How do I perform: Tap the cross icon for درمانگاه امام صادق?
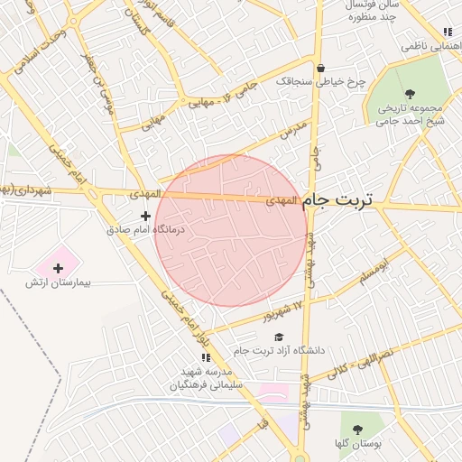(146, 216)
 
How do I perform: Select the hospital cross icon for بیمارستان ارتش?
(59, 268)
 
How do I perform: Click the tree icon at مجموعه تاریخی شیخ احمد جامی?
(409, 94)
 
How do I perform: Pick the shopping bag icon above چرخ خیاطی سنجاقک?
(320, 68)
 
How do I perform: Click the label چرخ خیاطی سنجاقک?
(321, 81)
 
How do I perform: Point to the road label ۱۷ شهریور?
(283, 310)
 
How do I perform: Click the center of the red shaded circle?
(231, 231)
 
